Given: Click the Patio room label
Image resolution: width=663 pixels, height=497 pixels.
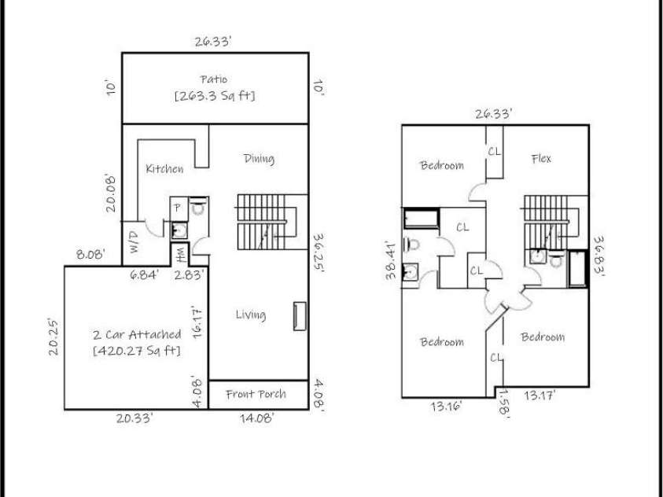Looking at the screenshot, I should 215,78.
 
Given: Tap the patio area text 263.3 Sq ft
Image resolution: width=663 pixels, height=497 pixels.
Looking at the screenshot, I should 215,96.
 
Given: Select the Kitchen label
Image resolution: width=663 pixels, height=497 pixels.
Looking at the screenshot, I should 165,169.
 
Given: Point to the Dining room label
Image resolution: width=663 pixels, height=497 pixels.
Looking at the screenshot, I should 259,159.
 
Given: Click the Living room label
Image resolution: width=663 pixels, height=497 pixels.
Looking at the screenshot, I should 251,315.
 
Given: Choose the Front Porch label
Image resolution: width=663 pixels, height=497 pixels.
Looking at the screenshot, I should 256,394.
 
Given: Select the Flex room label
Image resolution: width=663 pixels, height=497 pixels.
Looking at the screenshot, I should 541,159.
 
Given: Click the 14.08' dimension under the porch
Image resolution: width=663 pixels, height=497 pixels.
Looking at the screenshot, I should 257,419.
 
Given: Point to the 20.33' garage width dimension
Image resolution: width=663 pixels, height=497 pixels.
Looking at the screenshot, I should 134,419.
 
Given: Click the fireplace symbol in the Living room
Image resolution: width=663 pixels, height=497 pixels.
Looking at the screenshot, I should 299,316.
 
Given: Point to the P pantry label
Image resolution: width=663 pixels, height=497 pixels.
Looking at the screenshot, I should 177,208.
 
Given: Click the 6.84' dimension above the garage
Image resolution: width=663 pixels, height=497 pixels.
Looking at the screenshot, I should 145,274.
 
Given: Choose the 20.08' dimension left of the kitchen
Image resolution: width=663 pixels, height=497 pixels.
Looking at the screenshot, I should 112,193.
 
